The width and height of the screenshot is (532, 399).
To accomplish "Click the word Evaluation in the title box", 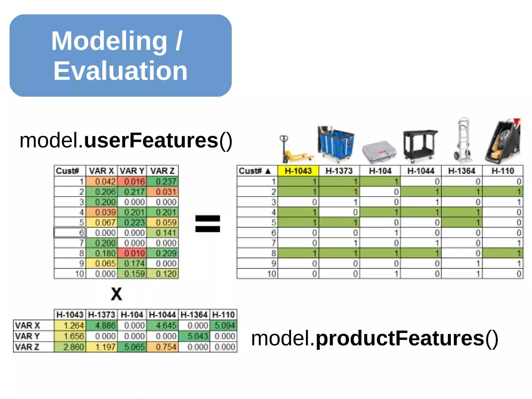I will pos(120,71).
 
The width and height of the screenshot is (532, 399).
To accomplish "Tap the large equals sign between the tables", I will pos(208,224).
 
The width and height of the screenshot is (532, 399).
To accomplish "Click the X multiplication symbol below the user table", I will pos(116,294).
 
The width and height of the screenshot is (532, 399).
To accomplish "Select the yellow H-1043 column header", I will pos(298,171).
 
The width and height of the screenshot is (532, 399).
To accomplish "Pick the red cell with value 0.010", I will pos(132,253).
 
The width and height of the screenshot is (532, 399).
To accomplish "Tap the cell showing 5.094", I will pos(224,325).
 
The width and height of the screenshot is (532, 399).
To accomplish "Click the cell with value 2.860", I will pos(70,347).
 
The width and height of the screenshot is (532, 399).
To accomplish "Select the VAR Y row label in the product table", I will pos(28,336).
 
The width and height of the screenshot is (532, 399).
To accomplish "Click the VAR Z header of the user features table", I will pos(163,171).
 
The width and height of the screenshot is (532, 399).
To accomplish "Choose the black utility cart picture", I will pos(420,144).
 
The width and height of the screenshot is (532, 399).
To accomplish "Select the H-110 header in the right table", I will pos(503,171).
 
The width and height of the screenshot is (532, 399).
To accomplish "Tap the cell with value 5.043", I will pos(194,336).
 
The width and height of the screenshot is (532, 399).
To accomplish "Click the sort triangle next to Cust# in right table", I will pos(268,171).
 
